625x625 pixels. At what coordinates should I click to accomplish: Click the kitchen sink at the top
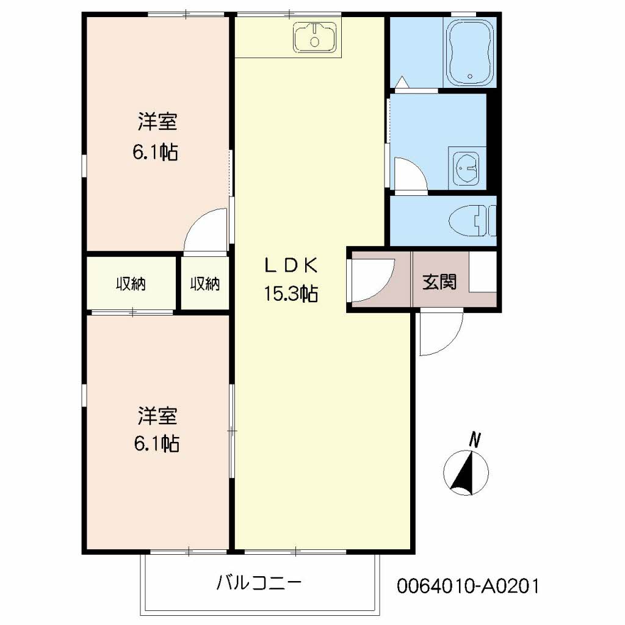tap(315, 37)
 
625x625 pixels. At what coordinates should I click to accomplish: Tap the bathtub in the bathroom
tap(470, 52)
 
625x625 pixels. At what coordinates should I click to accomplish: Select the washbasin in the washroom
tap(468, 167)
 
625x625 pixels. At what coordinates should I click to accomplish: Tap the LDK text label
tap(290, 266)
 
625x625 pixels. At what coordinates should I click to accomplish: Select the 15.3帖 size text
tap(290, 294)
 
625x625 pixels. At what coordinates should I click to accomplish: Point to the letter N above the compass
tap(475, 439)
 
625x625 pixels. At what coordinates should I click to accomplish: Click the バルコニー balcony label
tap(259, 583)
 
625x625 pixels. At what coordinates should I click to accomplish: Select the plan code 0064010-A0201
tap(468, 587)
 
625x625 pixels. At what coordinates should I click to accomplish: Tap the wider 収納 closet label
tap(131, 284)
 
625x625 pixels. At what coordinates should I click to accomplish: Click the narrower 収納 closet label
tap(204, 284)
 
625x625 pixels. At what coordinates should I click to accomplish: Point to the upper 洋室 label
tap(157, 123)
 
